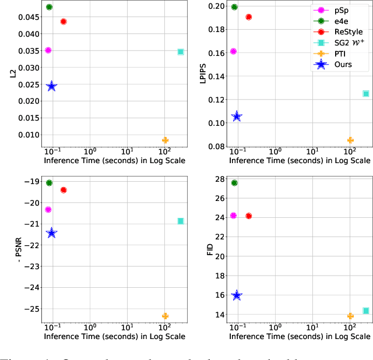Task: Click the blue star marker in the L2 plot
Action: pyautogui.click(x=52, y=86)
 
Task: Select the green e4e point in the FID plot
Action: pyautogui.click(x=234, y=183)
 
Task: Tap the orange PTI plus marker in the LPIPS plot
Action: pyautogui.click(x=350, y=140)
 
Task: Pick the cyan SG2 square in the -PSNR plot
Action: pyautogui.click(x=181, y=221)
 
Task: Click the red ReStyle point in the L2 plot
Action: pyautogui.click(x=64, y=22)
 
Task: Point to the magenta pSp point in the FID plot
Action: pyautogui.click(x=233, y=216)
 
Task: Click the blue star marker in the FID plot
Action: pyautogui.click(x=237, y=296)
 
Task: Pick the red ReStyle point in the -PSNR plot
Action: pyautogui.click(x=64, y=190)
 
